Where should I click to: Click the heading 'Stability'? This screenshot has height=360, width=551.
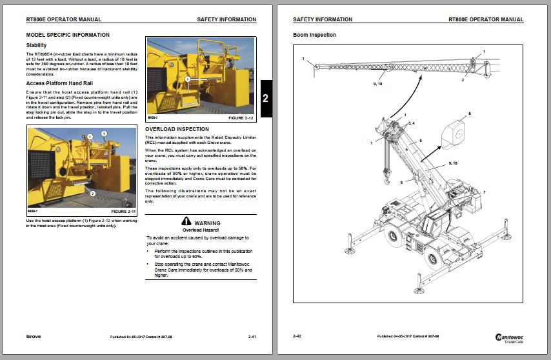pyautogui.click(x=36, y=45)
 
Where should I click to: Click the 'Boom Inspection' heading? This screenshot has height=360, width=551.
pyautogui.click(x=314, y=35)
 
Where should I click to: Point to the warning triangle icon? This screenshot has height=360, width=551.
pyautogui.click(x=186, y=221)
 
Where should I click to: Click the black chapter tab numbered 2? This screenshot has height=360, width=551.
pyautogui.click(x=266, y=99)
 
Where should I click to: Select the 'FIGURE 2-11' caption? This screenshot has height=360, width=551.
pyautogui.click(x=123, y=212)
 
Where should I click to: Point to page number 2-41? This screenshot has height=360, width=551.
pyautogui.click(x=253, y=337)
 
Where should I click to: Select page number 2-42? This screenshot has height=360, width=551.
pyautogui.click(x=297, y=337)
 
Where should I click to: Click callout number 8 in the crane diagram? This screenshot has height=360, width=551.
pyautogui.click(x=470, y=114)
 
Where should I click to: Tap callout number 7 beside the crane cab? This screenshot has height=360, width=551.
pyautogui.click(x=484, y=193)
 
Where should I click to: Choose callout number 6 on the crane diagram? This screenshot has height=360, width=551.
pyautogui.click(x=401, y=183)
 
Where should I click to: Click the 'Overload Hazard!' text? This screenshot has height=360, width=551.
pyautogui.click(x=201, y=230)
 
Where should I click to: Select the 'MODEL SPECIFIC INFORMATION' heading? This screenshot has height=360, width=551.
pyautogui.click(x=68, y=35)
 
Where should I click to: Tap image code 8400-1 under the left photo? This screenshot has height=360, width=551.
pyautogui.click(x=34, y=212)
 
